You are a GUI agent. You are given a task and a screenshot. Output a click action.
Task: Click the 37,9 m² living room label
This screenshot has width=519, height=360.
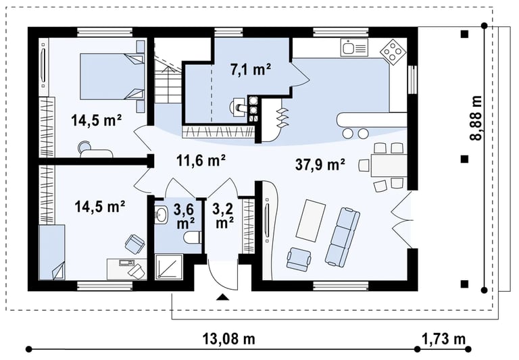pyautogui.click(x=320, y=164)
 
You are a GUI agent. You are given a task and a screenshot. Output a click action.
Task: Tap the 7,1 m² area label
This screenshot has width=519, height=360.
pyautogui.click(x=251, y=70)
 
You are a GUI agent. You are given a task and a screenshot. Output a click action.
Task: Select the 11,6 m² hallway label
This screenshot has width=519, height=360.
pyautogui.click(x=201, y=161)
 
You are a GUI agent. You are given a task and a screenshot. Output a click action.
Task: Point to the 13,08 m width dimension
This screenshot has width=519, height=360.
pyautogui.click(x=228, y=339)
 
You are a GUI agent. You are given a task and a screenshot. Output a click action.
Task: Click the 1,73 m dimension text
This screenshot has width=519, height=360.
pyautogui.click(x=443, y=339)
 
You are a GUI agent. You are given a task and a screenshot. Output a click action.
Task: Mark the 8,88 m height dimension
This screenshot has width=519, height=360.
pyautogui.click(x=476, y=118)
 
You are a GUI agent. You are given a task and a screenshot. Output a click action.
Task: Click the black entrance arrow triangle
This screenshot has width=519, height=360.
pyautogui.click(x=223, y=297)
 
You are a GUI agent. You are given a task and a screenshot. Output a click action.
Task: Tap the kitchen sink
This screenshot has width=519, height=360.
pyautogui.click(x=354, y=47)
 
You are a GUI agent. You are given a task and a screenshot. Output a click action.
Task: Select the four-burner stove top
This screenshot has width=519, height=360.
pyautogui.click(x=393, y=52)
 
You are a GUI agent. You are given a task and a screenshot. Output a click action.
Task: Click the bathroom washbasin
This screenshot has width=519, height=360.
pyautogui.click(x=162, y=215)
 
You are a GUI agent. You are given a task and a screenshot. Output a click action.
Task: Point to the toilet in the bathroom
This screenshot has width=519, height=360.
pyautogui.click(x=193, y=237)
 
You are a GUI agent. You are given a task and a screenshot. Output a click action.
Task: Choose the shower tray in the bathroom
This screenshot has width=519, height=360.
pyautogui.click(x=169, y=266)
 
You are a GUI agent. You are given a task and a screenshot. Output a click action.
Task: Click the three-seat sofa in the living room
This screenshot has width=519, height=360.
pyautogui.click(x=342, y=236)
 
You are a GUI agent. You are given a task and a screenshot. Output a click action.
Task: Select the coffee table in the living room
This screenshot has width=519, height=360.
pyautogui.click(x=311, y=220)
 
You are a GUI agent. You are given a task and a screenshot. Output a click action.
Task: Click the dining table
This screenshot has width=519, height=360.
pyautogui.click(x=389, y=165)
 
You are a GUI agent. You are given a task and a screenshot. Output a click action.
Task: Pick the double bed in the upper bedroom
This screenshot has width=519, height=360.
pyautogui.click(x=112, y=76)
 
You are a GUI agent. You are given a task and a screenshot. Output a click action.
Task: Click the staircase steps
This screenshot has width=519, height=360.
pyautogui.click(x=168, y=80)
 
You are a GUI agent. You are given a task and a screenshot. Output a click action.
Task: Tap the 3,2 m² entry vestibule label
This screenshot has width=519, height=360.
pyautogui.click(x=223, y=215)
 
